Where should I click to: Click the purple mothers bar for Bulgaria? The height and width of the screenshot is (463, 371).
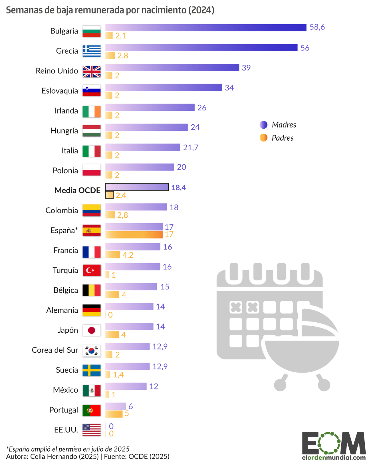206,28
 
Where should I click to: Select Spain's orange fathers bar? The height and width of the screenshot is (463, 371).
134,235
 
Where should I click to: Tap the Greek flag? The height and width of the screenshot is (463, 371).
91,51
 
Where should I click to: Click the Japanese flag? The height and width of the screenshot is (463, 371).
91,330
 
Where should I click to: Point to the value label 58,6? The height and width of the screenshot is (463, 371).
317,27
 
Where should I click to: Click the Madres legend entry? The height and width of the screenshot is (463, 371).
278,125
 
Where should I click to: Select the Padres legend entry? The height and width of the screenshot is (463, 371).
277,138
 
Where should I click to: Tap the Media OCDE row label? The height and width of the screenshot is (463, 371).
77,190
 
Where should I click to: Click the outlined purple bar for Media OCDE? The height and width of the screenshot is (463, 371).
137,187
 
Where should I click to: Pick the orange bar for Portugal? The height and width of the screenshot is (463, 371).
114,414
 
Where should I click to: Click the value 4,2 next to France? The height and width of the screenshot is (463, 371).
128,255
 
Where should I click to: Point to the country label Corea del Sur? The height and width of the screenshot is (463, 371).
55,350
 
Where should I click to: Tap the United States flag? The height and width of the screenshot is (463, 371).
91,430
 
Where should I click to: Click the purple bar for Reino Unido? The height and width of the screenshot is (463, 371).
172,67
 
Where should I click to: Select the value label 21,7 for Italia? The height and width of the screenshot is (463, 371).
190,147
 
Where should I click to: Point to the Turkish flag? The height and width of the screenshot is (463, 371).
91,270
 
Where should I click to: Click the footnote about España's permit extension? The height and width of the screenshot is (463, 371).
68,449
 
